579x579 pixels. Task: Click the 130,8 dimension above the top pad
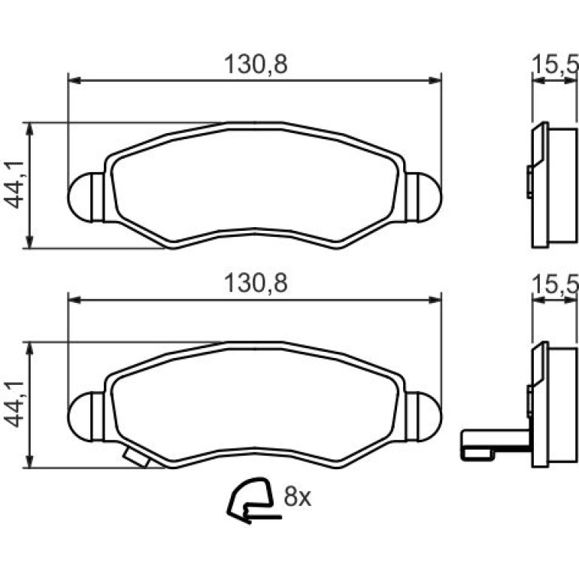tap(256, 64)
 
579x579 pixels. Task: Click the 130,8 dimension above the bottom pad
tap(256, 283)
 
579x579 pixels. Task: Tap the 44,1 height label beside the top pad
tap(14, 185)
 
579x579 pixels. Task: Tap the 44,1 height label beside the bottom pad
tap(14, 404)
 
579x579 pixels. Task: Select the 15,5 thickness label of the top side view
tap(555, 65)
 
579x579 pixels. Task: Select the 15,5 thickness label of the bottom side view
tap(555, 284)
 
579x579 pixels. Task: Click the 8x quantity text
tap(297, 496)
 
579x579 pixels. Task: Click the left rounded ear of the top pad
tap(86, 197)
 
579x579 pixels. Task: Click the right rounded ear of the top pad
tap(423, 197)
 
